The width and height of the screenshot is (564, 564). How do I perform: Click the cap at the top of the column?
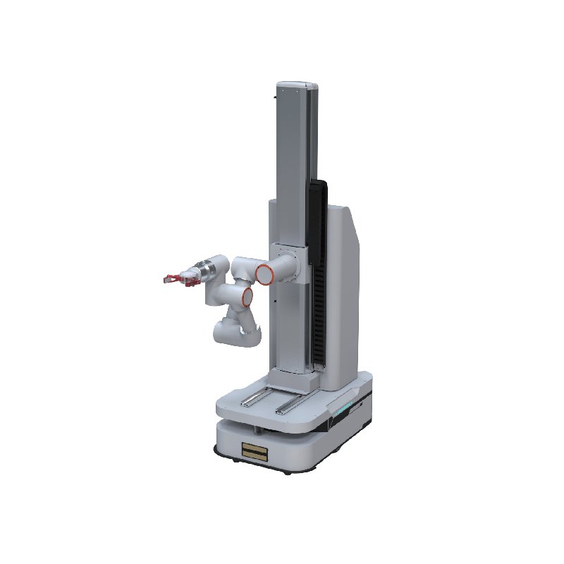pos(296,87)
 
